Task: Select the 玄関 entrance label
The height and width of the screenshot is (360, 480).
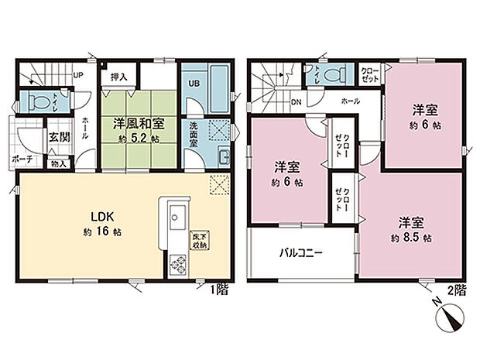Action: (60, 137)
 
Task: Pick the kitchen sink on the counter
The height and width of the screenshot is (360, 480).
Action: (172, 213)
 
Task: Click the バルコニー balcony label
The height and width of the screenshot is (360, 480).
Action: (301, 252)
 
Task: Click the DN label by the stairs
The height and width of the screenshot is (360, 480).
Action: (295, 101)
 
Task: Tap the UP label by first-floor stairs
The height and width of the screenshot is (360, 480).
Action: (78, 75)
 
